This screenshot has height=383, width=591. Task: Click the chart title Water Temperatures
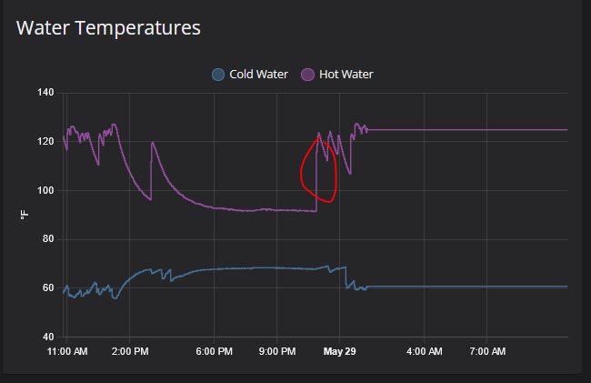click(x=109, y=28)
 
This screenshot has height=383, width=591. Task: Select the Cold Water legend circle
click(x=218, y=75)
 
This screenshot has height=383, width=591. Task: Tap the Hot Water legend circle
click(x=308, y=75)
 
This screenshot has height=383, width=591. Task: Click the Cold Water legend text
click(x=259, y=75)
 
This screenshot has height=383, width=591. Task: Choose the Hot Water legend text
click(x=346, y=75)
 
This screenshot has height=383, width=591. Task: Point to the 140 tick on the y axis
click(x=46, y=93)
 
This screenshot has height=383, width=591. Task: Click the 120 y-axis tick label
click(x=46, y=142)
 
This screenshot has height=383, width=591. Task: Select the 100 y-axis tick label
click(x=46, y=191)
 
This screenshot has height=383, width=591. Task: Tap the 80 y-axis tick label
click(x=49, y=240)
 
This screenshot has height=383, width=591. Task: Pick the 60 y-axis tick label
click(x=49, y=289)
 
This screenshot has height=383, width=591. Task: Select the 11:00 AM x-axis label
click(x=68, y=351)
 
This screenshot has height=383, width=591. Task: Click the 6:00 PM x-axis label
click(x=215, y=351)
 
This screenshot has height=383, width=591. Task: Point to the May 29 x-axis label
click(x=339, y=351)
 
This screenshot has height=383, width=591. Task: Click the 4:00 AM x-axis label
click(x=424, y=351)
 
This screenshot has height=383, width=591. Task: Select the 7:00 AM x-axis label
click(x=487, y=351)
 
